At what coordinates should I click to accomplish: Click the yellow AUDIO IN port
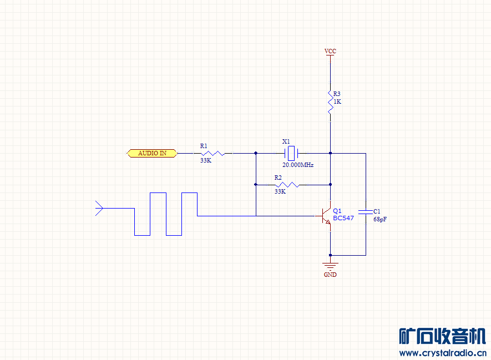coord(152,153)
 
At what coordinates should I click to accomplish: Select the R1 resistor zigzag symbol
coord(212,154)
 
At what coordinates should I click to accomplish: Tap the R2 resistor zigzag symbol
coord(287,185)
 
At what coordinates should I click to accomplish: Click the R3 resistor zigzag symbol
coord(330,102)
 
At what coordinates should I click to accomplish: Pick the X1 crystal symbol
coord(291,154)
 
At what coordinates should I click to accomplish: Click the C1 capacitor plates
coord(366,212)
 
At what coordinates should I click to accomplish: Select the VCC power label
coord(330,51)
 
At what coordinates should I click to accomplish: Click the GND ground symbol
coord(330,266)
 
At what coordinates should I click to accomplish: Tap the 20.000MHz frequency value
coord(298,165)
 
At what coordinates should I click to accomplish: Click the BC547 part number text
coord(343,218)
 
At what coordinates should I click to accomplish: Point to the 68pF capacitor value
coord(380,220)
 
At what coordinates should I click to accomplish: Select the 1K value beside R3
coord(337,102)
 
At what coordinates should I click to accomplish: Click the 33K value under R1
coord(206,160)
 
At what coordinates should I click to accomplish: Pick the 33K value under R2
coord(280,191)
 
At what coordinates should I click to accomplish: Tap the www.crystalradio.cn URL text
coord(443,353)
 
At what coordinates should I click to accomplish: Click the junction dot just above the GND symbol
coord(330,256)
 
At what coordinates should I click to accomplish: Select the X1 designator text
coord(286,141)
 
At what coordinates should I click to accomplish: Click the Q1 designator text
coord(337,211)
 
